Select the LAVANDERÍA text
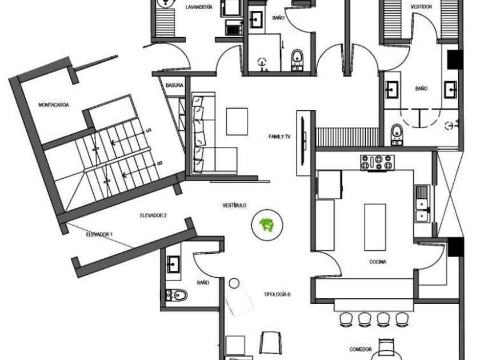pos(199,7)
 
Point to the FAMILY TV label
pos(280,137)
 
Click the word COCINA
pos(378,262)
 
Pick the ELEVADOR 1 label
pos(99,234)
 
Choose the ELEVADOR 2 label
pos(153,215)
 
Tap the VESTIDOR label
pos(421,7)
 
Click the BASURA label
pos(174,85)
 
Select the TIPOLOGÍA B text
pos(277,294)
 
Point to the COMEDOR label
pos(361,349)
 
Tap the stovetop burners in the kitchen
pos(378,162)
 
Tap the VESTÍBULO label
pos(235,205)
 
